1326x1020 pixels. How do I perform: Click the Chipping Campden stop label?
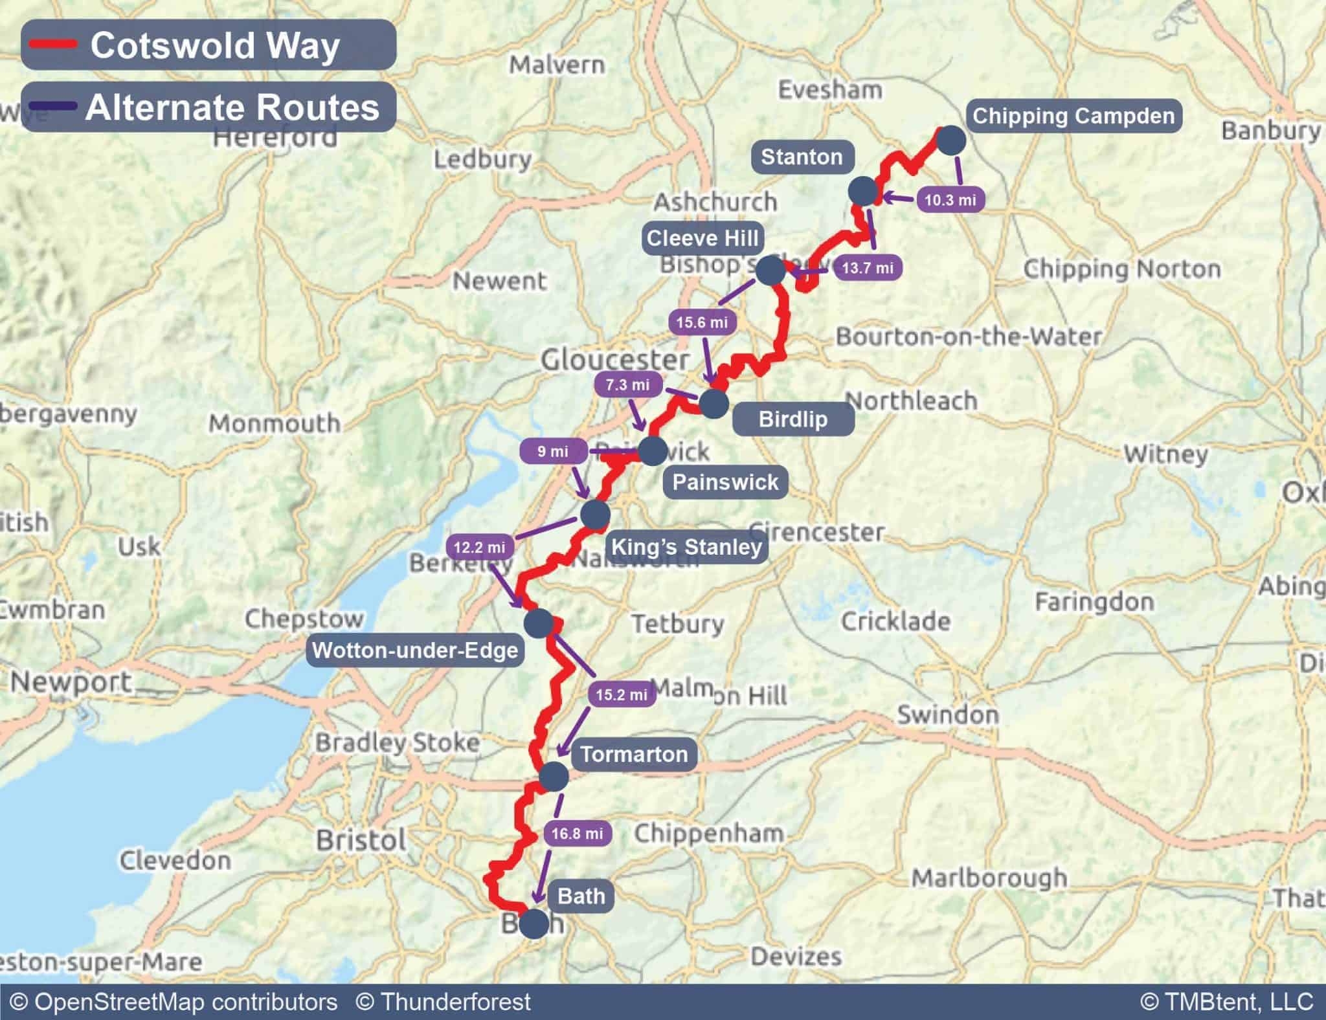(1073, 116)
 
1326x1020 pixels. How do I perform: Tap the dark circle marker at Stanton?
(864, 191)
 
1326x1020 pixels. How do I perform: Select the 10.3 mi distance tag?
(950, 200)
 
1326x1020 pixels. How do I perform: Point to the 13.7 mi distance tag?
(868, 268)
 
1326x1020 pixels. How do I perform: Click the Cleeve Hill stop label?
(702, 239)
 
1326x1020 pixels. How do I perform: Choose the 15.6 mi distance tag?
(702, 322)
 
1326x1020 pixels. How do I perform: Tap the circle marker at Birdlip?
(714, 403)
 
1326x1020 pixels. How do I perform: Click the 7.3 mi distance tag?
(627, 385)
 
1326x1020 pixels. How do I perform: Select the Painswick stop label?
(725, 482)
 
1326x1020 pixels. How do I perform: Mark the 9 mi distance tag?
(553, 452)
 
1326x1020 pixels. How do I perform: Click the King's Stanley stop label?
(686, 548)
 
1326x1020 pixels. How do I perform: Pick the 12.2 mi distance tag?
(479, 548)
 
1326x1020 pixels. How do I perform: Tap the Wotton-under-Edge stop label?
(415, 650)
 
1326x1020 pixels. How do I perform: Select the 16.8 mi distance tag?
(577, 834)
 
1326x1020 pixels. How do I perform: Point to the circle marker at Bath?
(534, 924)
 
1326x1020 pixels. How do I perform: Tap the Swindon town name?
(948, 715)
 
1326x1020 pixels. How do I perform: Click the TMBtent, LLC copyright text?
(1226, 1002)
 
